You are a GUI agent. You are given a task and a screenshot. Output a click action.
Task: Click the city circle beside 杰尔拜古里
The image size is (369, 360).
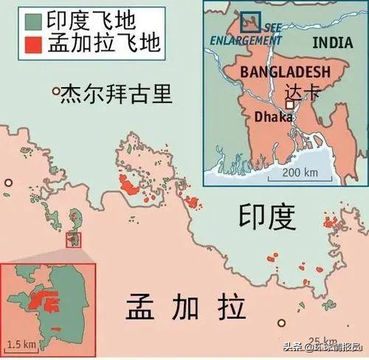[55, 91]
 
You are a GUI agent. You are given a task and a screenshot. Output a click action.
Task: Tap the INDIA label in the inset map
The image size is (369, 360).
[332, 42]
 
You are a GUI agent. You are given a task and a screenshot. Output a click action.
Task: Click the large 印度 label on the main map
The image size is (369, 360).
[266, 216]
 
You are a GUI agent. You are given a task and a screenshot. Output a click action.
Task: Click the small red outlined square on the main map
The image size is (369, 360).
[74, 239]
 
